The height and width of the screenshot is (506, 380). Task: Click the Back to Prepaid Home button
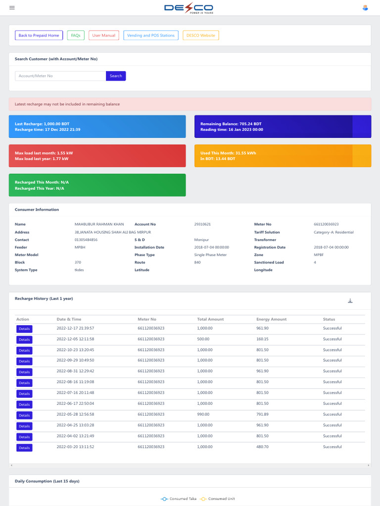coord(39,35)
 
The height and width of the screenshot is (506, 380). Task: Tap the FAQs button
coord(76,35)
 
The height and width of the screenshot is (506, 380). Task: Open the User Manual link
coord(104,35)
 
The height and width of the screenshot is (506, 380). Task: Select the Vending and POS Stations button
coord(150,35)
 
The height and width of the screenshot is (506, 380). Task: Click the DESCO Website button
coord(201,35)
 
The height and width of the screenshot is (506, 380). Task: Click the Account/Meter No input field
coord(60,76)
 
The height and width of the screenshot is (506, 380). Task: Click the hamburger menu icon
coord(12,8)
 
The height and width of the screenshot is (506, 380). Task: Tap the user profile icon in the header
coord(365,8)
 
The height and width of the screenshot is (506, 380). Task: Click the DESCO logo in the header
coord(189,8)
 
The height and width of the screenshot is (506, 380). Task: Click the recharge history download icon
coord(350,301)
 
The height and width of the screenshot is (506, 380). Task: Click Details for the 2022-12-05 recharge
coord(24,339)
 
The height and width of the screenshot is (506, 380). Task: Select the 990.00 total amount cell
coord(203,415)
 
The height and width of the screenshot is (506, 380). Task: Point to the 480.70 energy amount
coord(262,447)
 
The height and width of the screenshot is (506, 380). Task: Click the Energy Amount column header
coord(272,319)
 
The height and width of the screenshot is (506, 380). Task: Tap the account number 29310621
coord(202,224)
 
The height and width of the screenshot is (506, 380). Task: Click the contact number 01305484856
coord(86,240)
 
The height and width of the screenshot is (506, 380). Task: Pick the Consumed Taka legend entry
coord(178,499)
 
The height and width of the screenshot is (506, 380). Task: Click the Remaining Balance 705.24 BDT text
coord(231,124)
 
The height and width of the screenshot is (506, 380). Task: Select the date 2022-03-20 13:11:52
coord(75,447)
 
